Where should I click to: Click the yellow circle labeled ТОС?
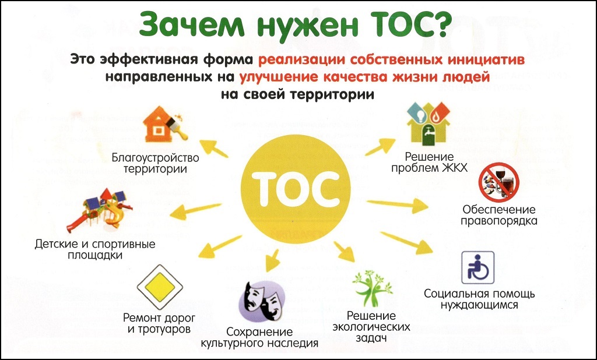click(x=296, y=189)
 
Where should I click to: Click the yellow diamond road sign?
click(x=160, y=287)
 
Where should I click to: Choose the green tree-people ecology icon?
click(x=371, y=288)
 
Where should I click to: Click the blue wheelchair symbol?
click(x=478, y=267)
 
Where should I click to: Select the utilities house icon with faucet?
click(x=429, y=123)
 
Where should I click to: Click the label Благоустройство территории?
click(x=155, y=163)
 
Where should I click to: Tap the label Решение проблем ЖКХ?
click(x=430, y=162)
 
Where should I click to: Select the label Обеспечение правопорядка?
click(x=499, y=215)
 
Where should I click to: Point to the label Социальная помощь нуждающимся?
click(x=479, y=299)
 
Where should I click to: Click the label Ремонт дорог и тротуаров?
click(x=159, y=323)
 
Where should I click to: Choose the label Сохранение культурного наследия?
click(x=259, y=337)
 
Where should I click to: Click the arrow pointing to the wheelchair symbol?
click(x=406, y=242)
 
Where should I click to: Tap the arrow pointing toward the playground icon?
click(x=195, y=211)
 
